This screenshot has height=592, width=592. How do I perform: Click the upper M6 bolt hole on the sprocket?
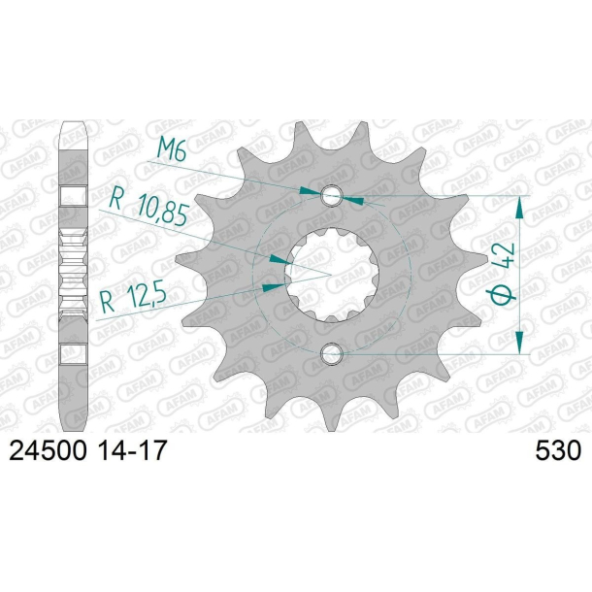(332, 195)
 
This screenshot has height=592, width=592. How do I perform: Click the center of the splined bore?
(332, 274)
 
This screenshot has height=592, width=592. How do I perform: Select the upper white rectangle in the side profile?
(75, 195)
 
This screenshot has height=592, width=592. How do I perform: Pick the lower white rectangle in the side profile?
(75, 354)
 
